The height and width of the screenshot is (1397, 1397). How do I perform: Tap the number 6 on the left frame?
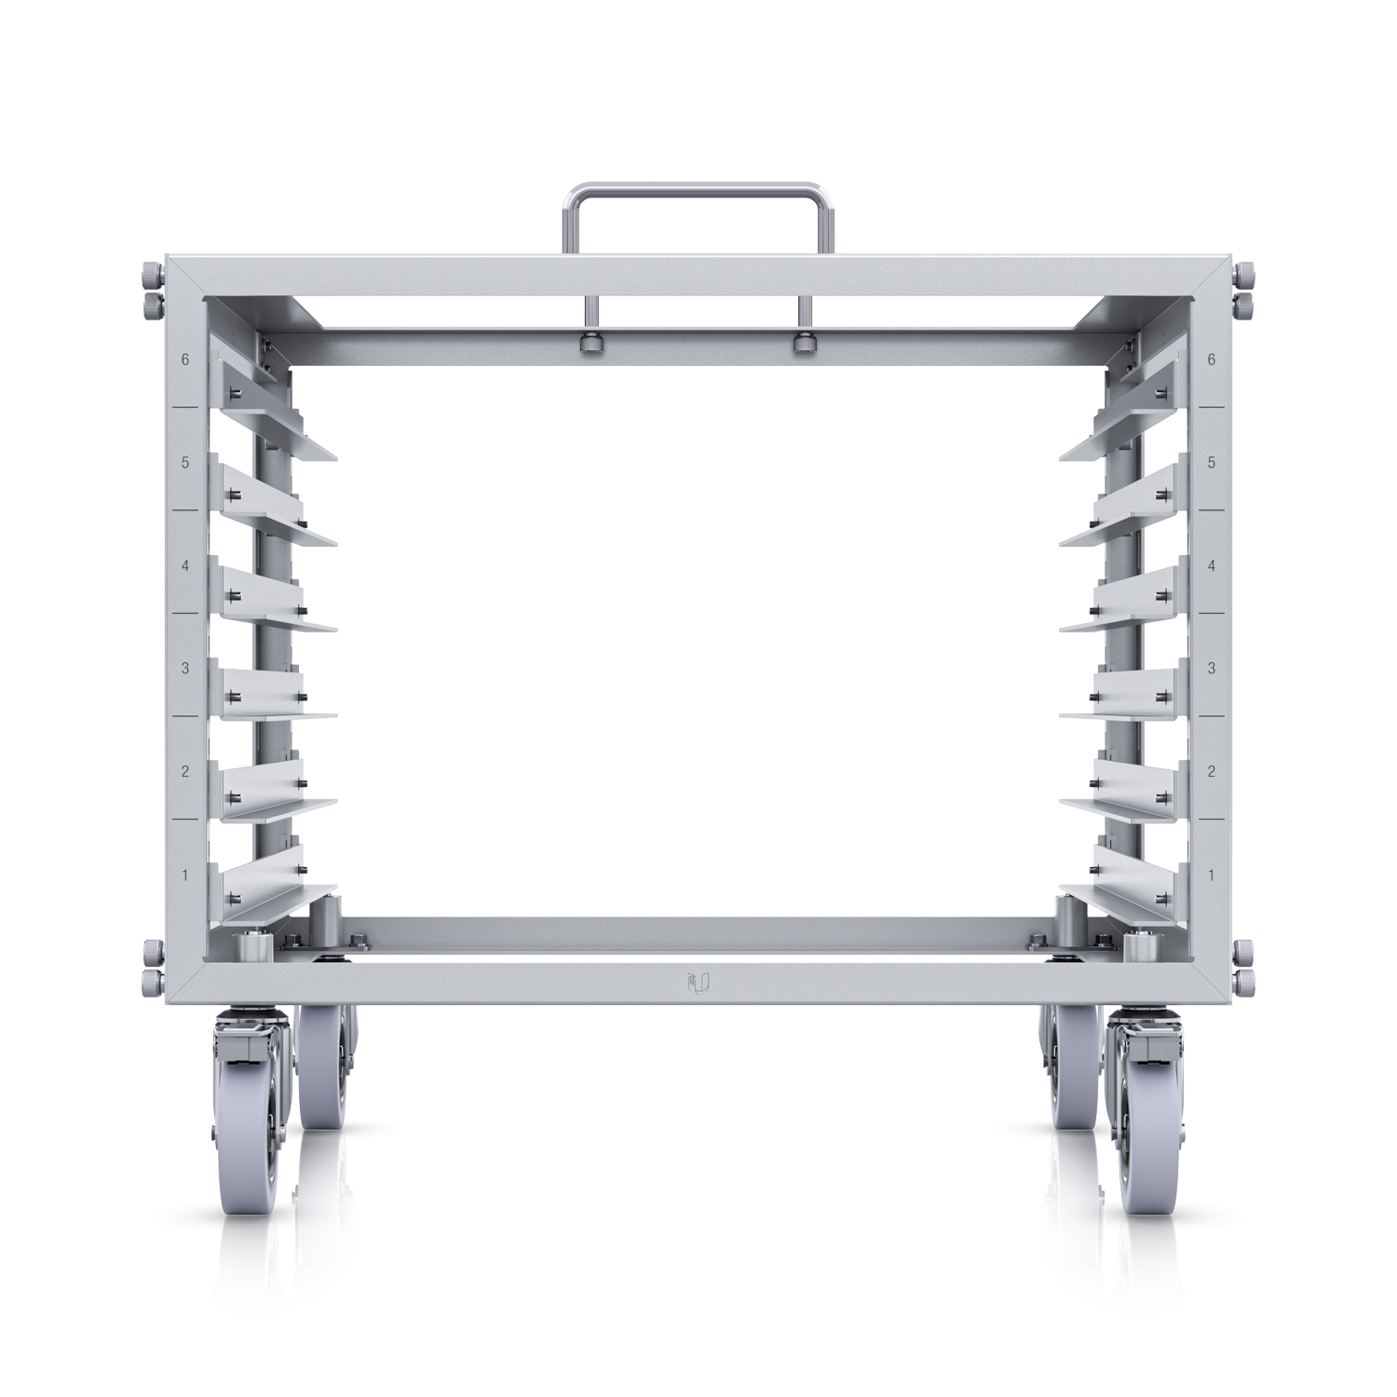tap(186, 359)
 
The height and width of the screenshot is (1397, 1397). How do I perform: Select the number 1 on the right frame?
tap(1211, 875)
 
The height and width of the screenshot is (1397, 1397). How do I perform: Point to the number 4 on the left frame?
tap(186, 565)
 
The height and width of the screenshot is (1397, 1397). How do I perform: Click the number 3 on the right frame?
tap(1211, 668)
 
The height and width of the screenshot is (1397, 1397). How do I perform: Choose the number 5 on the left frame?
tap(186, 462)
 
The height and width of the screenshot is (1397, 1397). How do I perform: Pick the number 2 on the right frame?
tap(1211, 771)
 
